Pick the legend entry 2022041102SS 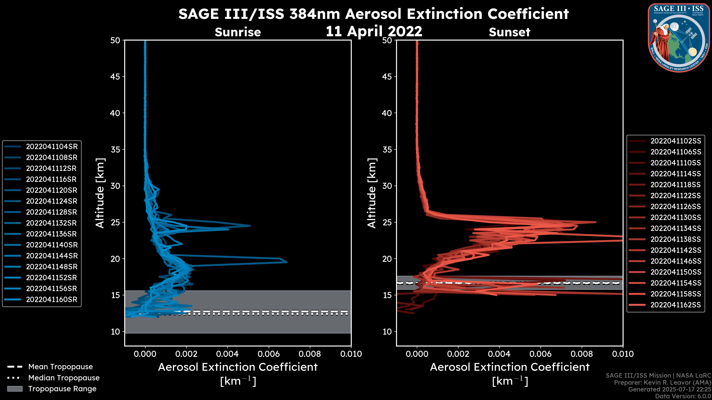pos(675,141)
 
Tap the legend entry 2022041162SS pos(675,305)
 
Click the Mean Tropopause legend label pos(60,367)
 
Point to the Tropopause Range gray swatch pos(15,389)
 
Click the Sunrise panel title pos(238,32)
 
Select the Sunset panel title pos(509,32)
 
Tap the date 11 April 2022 pos(374,31)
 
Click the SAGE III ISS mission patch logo pos(679,38)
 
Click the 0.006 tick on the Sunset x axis pos(540,354)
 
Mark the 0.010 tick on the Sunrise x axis pos(351,354)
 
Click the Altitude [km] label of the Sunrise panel pos(100,193)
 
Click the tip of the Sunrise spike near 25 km pos(250,226)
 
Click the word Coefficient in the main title pos(528,14)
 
